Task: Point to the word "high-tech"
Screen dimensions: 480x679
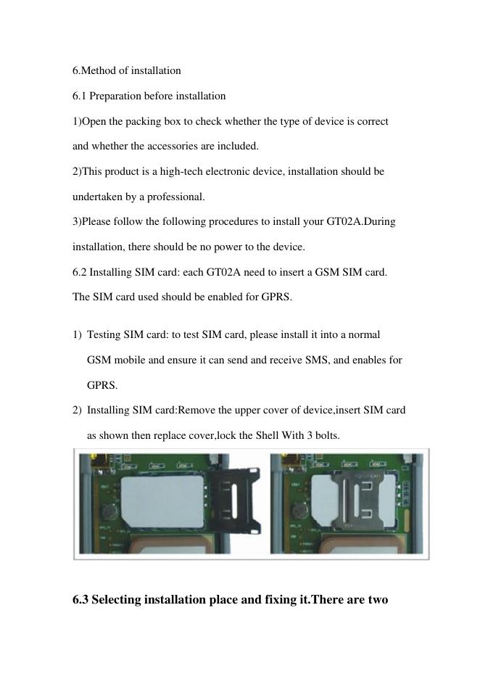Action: pos(181,171)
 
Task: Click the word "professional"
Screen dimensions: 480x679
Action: pos(175,197)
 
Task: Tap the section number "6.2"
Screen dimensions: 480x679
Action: pos(80,272)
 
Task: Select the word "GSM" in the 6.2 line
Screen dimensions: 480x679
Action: pos(327,272)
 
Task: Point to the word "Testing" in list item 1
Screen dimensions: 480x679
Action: pos(104,335)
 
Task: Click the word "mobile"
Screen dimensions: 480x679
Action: pos(129,361)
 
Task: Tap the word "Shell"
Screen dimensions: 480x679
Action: pos(267,435)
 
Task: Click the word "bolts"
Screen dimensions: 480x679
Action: pos(327,435)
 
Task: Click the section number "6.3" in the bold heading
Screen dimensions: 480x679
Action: pos(80,600)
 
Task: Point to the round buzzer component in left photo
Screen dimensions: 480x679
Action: pos(108,514)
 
